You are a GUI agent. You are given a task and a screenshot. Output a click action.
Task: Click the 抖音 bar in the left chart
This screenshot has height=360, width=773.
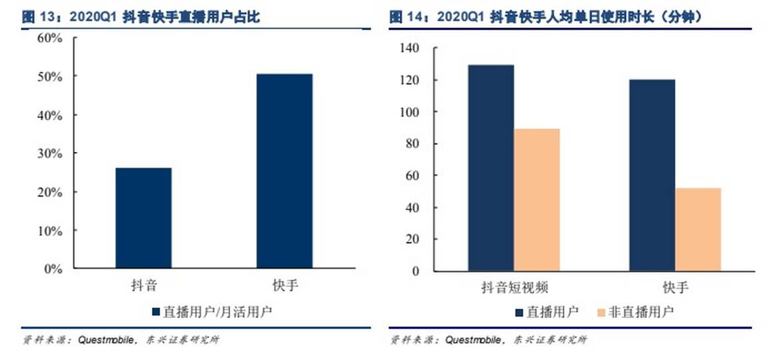click(143, 218)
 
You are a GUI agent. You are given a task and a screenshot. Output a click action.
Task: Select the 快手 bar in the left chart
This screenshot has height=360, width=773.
click(285, 171)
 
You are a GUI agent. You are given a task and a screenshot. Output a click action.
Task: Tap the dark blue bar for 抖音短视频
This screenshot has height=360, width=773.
click(490, 167)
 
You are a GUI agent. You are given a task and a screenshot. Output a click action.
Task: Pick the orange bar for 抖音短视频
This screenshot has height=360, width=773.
click(536, 199)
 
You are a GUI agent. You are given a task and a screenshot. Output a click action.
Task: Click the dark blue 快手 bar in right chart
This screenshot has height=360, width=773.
click(652, 175)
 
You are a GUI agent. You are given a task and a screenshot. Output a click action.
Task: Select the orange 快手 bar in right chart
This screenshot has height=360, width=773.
click(698, 229)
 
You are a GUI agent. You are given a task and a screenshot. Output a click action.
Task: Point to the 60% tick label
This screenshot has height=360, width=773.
click(50, 38)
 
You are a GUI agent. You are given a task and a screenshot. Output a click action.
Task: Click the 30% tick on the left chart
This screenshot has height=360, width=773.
click(50, 153)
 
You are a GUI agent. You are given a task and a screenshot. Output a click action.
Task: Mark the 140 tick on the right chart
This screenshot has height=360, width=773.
click(409, 48)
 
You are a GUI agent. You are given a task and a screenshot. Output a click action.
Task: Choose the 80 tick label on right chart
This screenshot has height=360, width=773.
click(412, 143)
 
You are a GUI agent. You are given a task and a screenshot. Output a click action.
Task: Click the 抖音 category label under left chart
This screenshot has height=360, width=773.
click(143, 286)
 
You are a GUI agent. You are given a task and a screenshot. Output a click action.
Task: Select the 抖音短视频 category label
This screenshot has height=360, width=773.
click(514, 288)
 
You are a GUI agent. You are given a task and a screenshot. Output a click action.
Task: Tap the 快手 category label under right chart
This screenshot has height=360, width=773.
click(675, 288)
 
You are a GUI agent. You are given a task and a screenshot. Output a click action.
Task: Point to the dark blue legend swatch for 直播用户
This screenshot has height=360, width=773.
click(519, 311)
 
